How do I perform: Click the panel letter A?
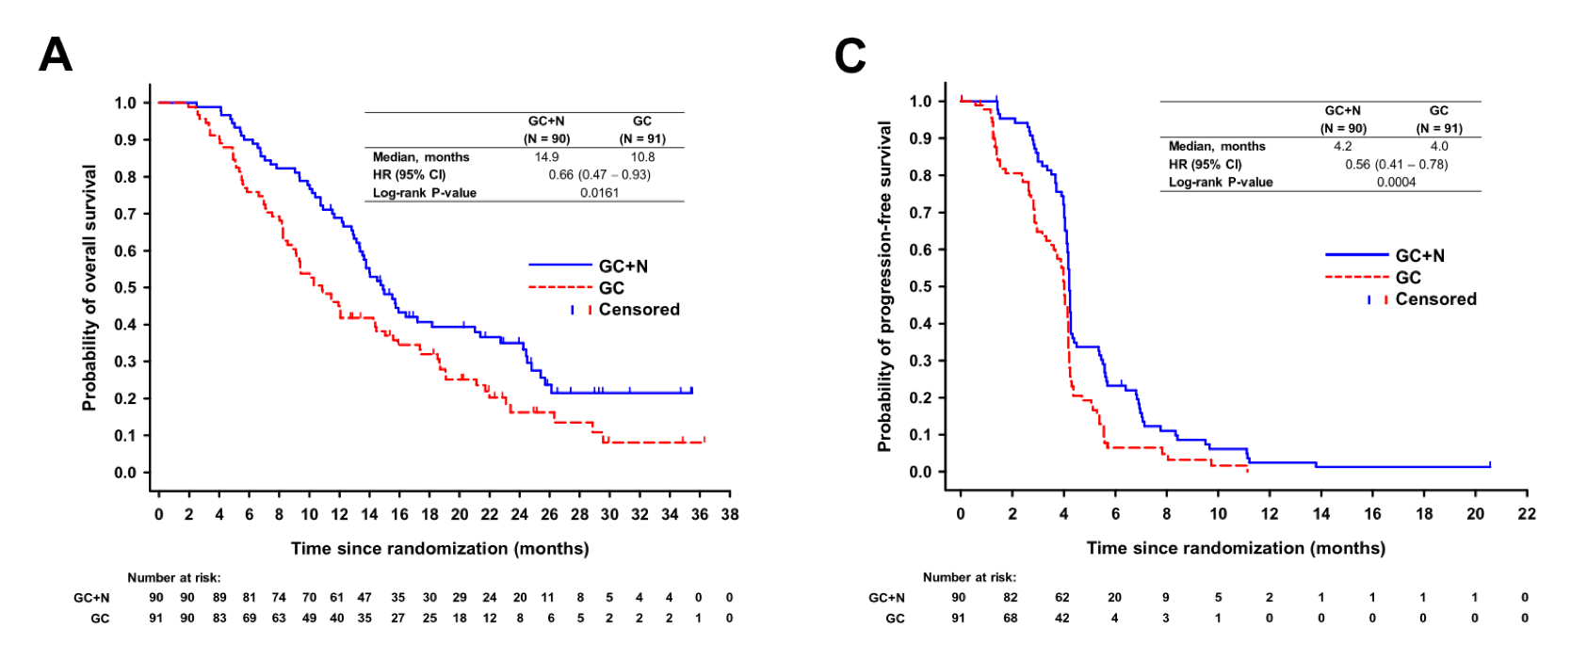click(56, 55)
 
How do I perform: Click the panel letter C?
click(850, 56)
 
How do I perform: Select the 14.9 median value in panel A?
click(546, 157)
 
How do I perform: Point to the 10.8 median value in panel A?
click(642, 157)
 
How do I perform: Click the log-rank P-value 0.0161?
click(599, 193)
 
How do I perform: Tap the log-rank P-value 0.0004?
click(1396, 183)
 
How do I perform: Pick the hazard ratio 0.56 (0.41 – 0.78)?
click(1396, 165)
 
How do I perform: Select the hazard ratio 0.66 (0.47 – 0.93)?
click(599, 175)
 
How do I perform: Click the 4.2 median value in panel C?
click(1342, 147)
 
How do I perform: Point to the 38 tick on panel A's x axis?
click(730, 515)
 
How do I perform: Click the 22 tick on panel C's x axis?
click(1527, 514)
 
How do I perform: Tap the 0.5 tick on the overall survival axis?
click(125, 288)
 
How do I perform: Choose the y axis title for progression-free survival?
click(884, 286)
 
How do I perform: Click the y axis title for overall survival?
click(89, 288)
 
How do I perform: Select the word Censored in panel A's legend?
click(639, 310)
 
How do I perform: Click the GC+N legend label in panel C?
click(1419, 256)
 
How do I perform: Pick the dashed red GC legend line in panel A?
click(560, 287)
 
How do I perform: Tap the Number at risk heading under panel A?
click(174, 578)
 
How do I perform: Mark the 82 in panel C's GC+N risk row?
click(1011, 598)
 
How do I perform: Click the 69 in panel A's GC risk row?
click(250, 619)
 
